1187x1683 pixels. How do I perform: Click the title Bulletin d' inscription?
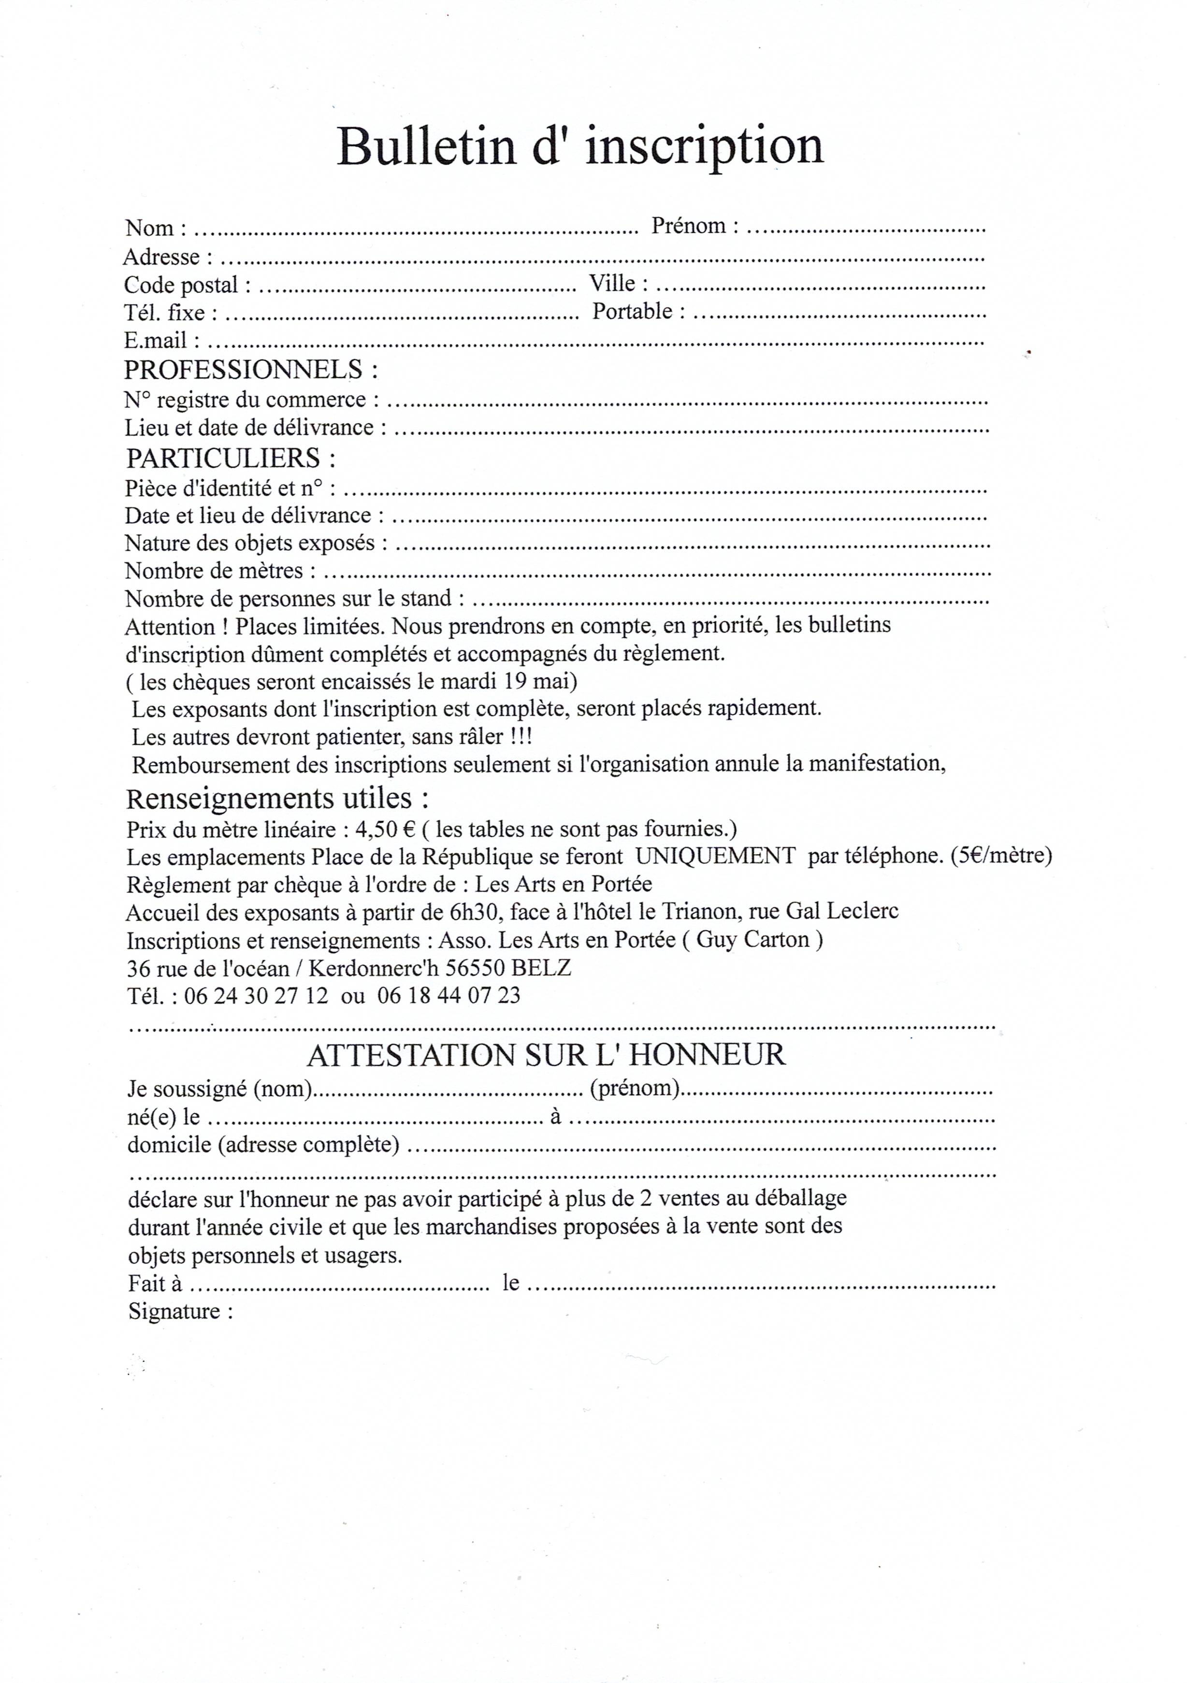coord(579,146)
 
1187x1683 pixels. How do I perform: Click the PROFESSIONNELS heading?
coord(250,369)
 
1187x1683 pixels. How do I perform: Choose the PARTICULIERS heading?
coord(230,458)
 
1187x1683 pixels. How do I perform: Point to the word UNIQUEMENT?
coord(715,856)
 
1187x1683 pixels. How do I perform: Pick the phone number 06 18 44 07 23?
coord(449,995)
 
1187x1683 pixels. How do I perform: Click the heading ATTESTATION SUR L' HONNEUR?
coord(546,1055)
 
